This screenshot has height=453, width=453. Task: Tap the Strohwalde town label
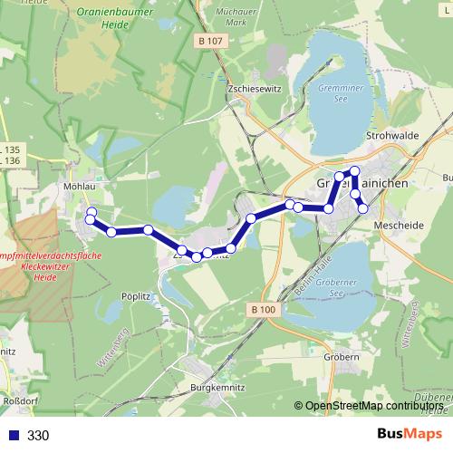[390, 135]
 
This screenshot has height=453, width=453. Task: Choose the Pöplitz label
[135, 295]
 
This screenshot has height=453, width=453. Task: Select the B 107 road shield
[210, 41]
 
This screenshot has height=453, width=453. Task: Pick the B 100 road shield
[265, 310]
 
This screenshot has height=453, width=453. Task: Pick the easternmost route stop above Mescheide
[364, 208]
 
